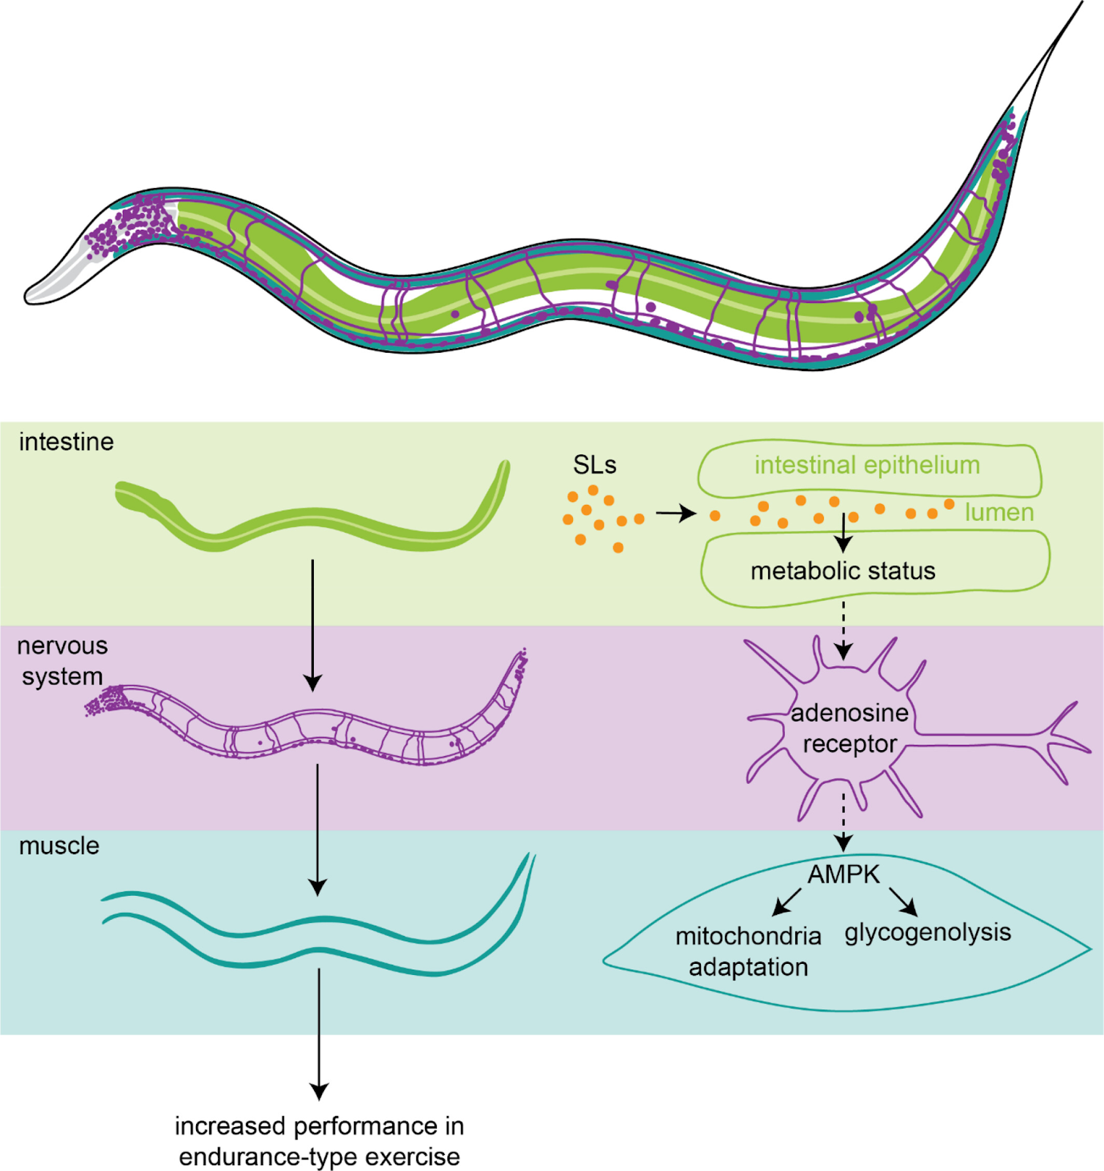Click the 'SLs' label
(594, 465)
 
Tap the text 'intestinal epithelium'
(867, 465)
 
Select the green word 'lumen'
(999, 512)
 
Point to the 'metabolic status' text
(843, 571)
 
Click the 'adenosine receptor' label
(849, 728)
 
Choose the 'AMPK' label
(844, 874)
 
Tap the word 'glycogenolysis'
(928, 933)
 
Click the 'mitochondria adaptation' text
(748, 951)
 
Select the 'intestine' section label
(67, 442)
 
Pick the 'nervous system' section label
(63, 661)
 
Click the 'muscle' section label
(59, 846)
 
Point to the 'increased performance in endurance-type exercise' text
(319, 1141)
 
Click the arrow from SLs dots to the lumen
(676, 514)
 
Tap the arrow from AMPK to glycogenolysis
(904, 902)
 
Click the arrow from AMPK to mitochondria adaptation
(787, 902)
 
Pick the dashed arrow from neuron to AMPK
(844, 821)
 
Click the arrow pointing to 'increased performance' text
(319, 1034)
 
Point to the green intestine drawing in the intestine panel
(313, 521)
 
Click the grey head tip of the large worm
(33, 294)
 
